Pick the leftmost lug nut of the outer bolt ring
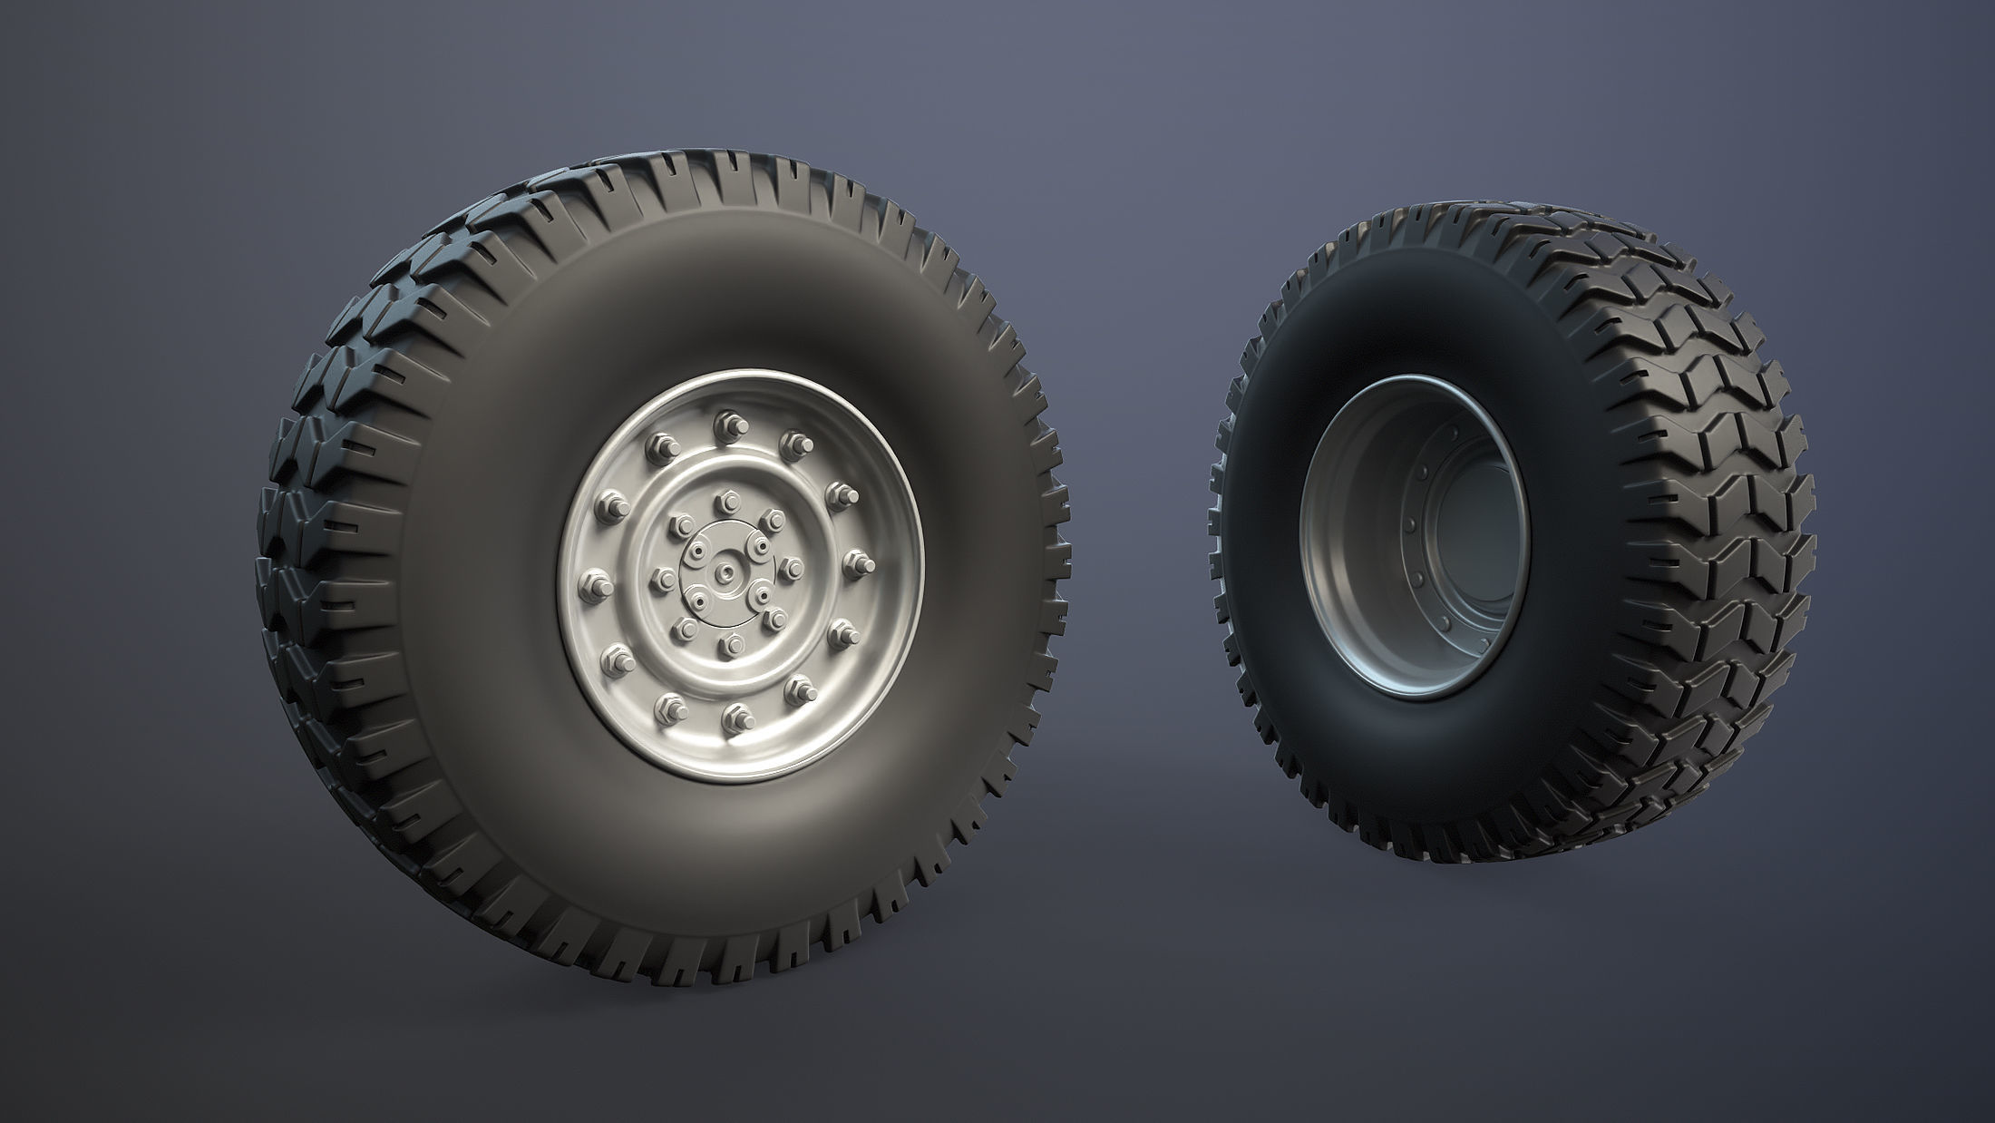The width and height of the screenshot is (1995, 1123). point(598,578)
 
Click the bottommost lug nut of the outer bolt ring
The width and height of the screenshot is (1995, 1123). point(730,720)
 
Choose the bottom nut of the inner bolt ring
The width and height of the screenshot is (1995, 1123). point(731,645)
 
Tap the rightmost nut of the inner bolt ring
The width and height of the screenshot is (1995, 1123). point(790,568)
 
